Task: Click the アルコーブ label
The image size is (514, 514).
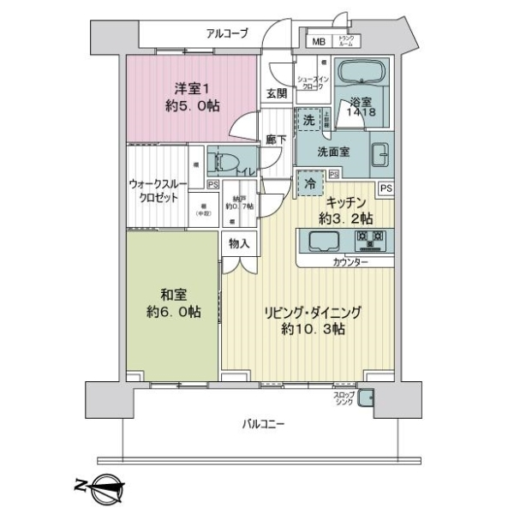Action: (227, 33)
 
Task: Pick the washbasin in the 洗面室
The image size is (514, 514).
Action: (380, 155)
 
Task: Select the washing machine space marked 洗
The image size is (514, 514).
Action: (309, 121)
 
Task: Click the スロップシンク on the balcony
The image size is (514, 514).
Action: (366, 397)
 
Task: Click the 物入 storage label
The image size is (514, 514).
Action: (240, 244)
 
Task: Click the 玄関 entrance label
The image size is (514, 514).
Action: (276, 93)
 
